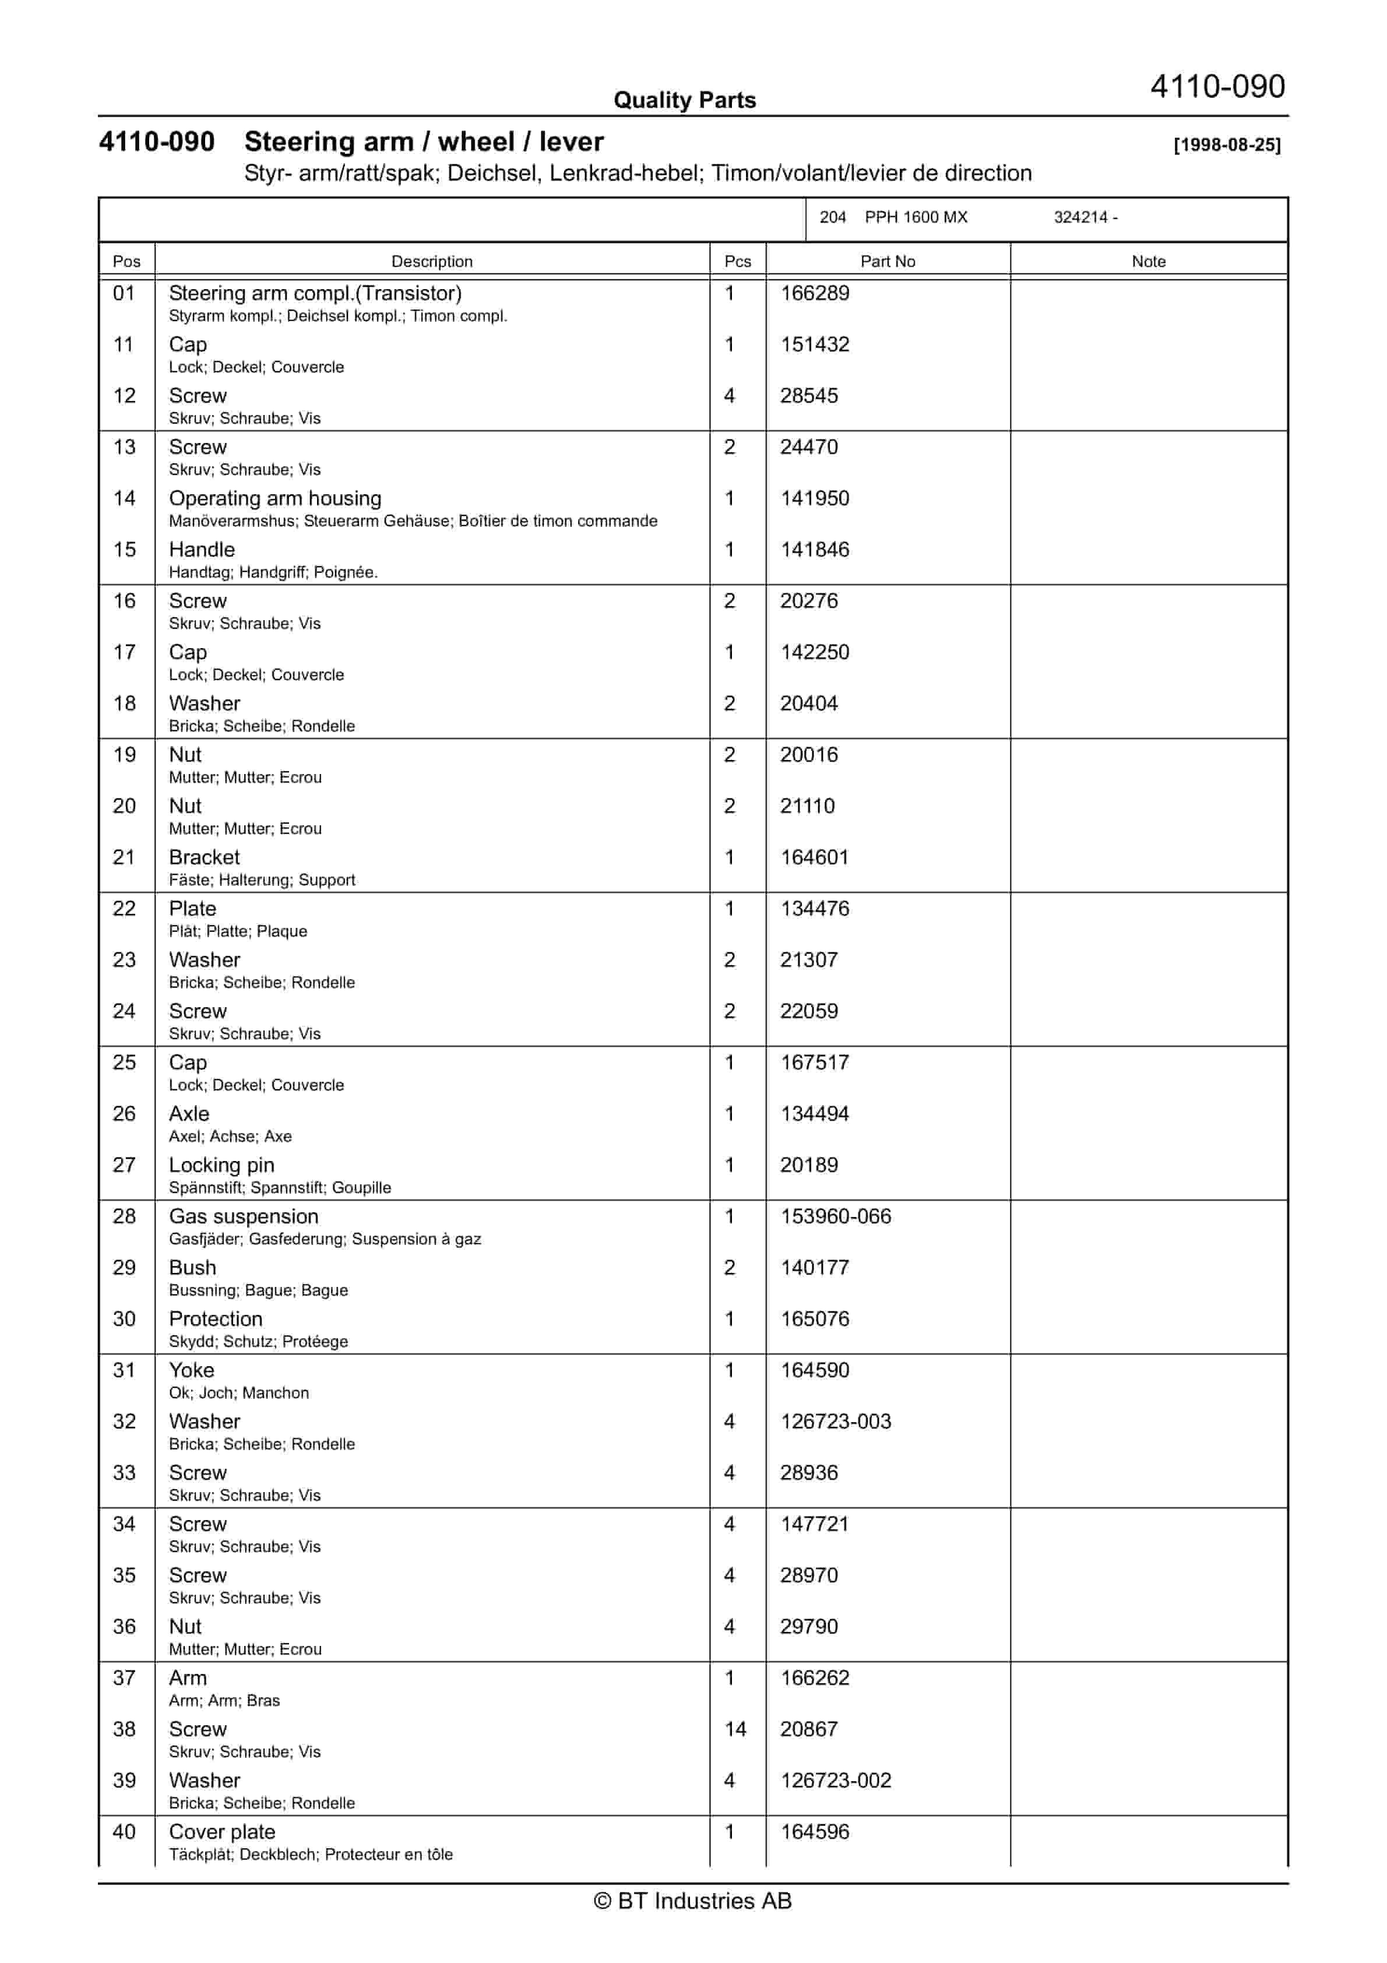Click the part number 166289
814,293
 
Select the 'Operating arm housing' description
274,498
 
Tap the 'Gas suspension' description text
243,1216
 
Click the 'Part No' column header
887,262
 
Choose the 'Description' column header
431,262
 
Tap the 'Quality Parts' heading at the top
684,101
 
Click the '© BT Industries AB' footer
693,1901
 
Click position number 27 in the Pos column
124,1165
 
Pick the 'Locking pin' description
221,1165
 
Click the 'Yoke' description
192,1370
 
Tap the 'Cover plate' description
221,1832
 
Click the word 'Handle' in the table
202,550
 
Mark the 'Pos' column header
126,262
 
